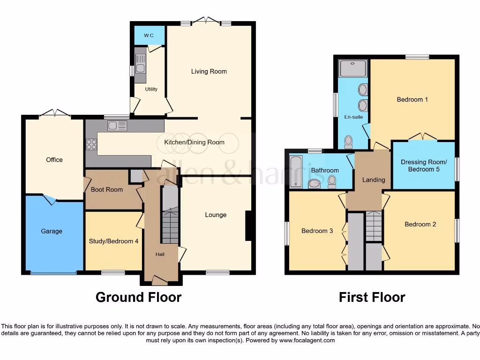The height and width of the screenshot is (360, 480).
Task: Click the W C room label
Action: tap(149, 36)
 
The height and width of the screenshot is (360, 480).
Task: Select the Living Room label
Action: tap(209, 72)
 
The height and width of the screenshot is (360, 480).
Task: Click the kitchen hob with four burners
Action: tap(91, 145)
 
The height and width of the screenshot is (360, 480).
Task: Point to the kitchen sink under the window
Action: tap(117, 126)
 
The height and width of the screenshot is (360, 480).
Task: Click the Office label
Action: tap(54, 160)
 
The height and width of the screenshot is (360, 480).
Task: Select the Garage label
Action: tap(51, 231)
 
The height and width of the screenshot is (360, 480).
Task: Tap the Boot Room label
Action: tap(107, 190)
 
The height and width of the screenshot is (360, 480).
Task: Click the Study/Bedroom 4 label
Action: tap(113, 241)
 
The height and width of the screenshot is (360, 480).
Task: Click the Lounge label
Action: tap(216, 215)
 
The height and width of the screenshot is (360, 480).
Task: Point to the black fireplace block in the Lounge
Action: tap(249, 225)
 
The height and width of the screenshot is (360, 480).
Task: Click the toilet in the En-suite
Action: tap(349, 142)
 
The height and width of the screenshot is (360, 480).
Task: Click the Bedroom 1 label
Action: tap(412, 99)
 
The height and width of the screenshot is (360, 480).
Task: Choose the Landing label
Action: tap(374, 180)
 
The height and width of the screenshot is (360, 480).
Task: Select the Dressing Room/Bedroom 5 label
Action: tap(424, 166)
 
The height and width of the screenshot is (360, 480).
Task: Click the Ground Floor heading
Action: tap(138, 297)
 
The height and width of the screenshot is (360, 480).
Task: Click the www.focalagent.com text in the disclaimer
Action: tap(307, 340)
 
